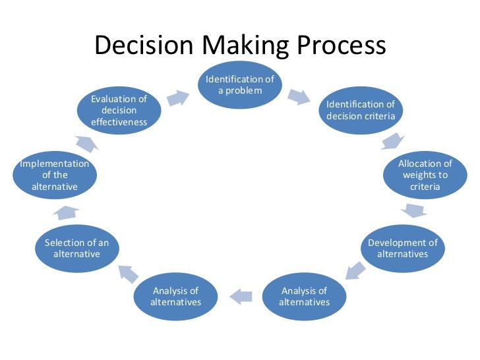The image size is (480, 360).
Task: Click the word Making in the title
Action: (245, 46)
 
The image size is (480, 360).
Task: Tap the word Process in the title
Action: (342, 45)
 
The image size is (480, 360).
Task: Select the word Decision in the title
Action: (144, 45)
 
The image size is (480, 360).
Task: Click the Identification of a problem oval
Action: (240, 85)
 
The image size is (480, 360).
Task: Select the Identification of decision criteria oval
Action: (361, 110)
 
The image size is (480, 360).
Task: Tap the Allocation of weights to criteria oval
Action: (425, 175)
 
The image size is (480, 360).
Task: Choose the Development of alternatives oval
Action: (403, 249)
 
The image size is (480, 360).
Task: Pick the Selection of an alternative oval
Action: (77, 249)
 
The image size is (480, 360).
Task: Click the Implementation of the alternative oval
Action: (55, 175)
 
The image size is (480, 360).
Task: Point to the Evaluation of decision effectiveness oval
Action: (119, 110)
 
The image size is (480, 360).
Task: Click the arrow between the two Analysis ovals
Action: (241, 296)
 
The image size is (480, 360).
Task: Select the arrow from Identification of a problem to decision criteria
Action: (299, 97)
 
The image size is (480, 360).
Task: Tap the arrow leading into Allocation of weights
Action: (392, 141)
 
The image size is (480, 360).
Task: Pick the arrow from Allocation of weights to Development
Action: (414, 210)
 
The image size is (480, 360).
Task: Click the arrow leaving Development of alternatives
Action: (355, 270)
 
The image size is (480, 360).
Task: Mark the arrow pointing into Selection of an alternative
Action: (129, 274)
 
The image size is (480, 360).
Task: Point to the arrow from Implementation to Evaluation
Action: (87, 144)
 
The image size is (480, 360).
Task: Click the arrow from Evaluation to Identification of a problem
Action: (178, 98)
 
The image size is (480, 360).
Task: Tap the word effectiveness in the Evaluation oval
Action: (119, 122)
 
